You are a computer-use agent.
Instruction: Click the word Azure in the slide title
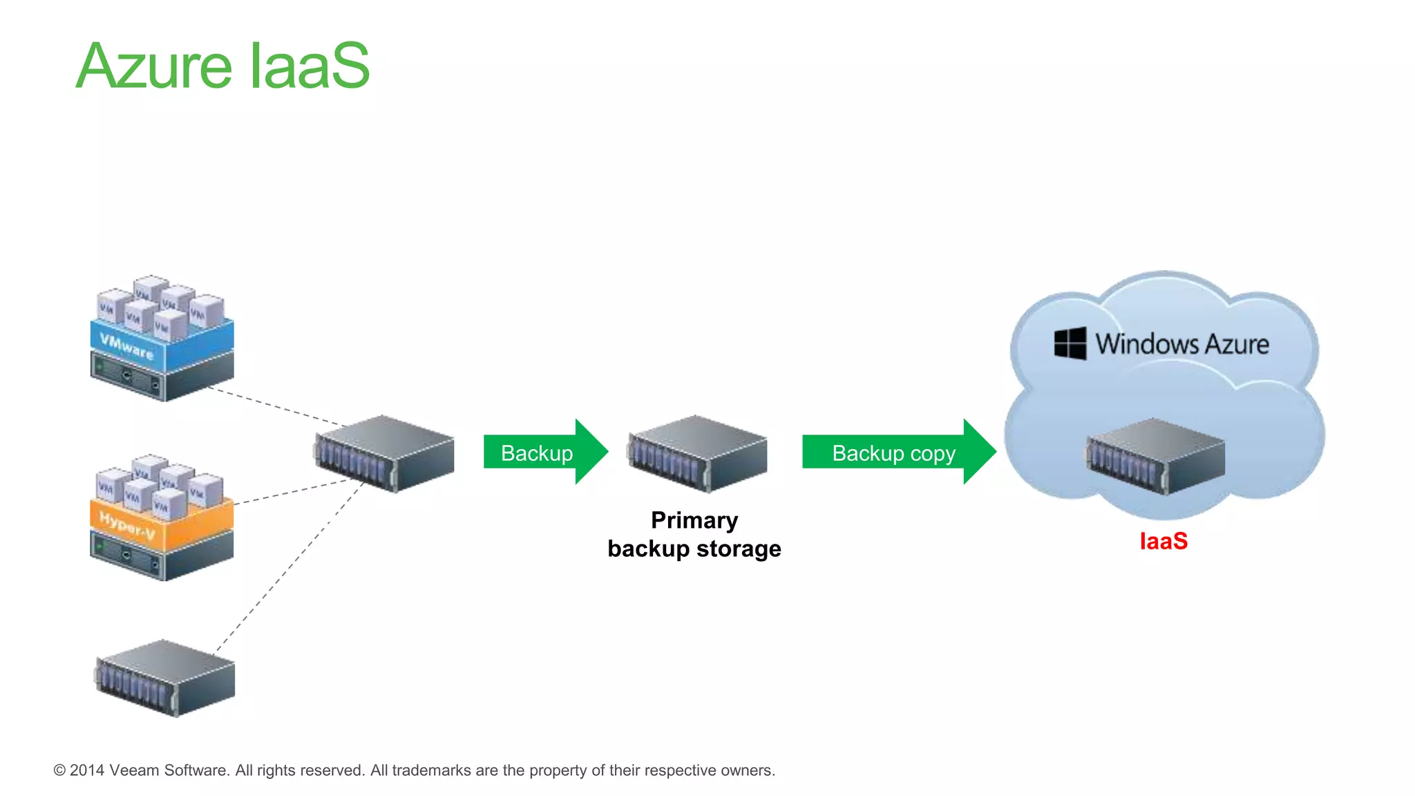coord(153,67)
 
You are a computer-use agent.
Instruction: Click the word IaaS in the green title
coord(309,67)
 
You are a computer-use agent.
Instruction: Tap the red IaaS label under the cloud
coord(1164,541)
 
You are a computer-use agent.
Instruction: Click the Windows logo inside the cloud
coord(1070,343)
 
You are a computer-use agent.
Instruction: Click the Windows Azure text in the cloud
coord(1181,344)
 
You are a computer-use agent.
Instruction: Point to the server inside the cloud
coord(1155,456)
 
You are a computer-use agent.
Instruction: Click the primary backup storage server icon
coord(696,453)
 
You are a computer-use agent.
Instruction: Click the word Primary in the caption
coord(694,520)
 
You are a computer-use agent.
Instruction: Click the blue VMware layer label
coord(127,345)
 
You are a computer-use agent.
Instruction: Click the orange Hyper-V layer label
coord(127,525)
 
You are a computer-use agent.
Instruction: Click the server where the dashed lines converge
coord(384,453)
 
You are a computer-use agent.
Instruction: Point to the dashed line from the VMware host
coord(276,406)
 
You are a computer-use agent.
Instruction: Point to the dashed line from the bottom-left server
coord(290,567)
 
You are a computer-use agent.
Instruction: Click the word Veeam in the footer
coord(135,770)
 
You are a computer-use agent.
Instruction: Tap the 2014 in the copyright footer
coord(86,770)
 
